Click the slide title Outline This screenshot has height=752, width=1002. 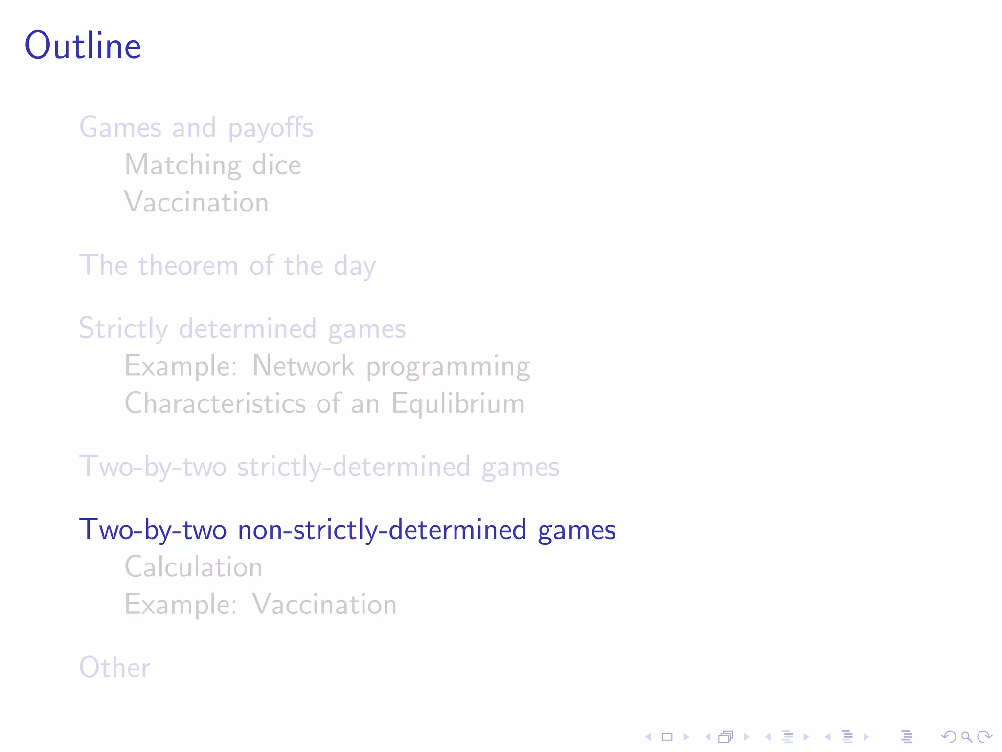[x=83, y=46]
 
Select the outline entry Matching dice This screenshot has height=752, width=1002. [x=213, y=165]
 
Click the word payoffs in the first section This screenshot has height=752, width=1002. [x=271, y=128]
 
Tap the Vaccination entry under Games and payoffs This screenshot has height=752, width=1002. [x=197, y=202]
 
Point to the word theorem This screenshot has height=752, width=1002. [x=188, y=266]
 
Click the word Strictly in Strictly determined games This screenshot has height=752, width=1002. [x=123, y=329]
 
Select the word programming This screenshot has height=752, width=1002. [x=448, y=367]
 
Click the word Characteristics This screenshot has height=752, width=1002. [x=215, y=403]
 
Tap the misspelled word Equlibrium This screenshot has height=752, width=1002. [x=458, y=404]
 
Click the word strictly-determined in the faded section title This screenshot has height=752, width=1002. [x=353, y=467]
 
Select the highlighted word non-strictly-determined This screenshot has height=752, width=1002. [x=382, y=530]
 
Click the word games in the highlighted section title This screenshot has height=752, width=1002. [x=576, y=531]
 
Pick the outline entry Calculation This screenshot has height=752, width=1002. [x=194, y=567]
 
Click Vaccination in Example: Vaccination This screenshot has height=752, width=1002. [x=324, y=605]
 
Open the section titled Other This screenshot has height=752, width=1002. [x=115, y=667]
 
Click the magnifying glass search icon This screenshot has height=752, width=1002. [x=966, y=737]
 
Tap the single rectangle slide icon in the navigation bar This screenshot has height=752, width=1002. [x=667, y=737]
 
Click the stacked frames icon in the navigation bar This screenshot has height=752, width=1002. [x=726, y=737]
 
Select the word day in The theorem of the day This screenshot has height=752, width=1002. [x=355, y=267]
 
